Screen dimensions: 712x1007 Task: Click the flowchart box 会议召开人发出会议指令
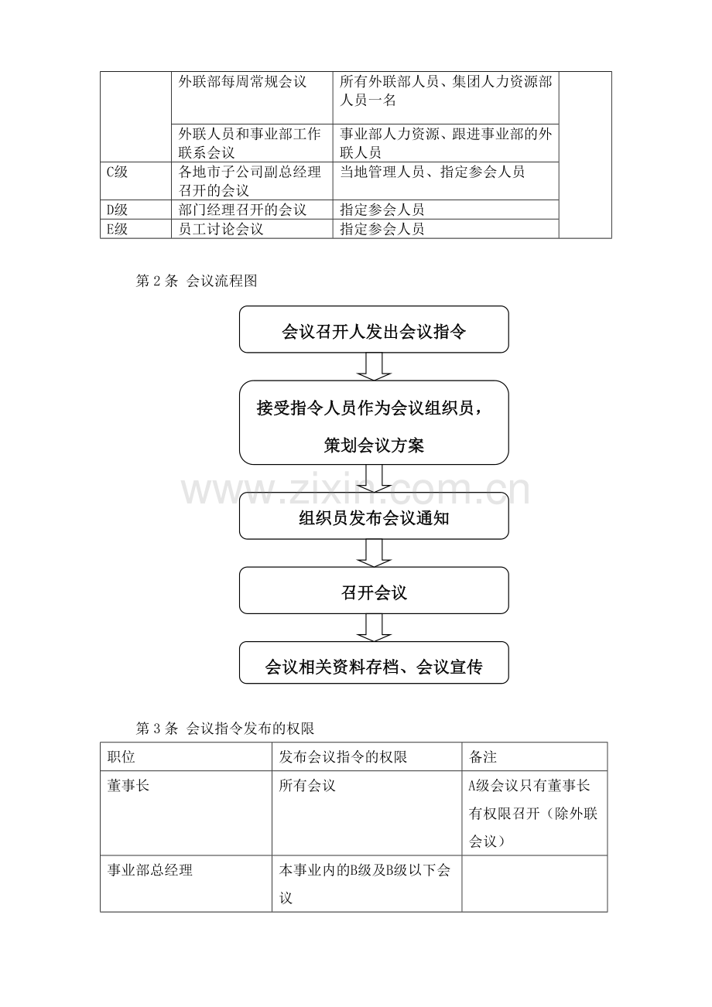374,329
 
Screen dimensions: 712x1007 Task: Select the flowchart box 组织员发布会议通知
374,516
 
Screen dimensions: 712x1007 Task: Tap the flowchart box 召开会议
374,591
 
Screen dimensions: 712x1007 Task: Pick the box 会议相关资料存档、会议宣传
374,664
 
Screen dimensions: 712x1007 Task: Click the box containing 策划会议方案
374,422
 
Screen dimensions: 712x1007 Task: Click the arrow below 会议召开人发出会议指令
374,367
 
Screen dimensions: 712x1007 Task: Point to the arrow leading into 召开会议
374,553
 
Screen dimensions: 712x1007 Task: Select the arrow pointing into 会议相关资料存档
374,627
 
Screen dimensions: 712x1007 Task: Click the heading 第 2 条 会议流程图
197,281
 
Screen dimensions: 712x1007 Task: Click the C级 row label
117,172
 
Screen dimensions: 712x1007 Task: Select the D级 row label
117,210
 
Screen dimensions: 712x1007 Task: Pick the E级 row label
117,229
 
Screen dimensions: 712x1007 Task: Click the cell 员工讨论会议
221,229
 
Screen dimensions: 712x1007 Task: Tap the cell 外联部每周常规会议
242,82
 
